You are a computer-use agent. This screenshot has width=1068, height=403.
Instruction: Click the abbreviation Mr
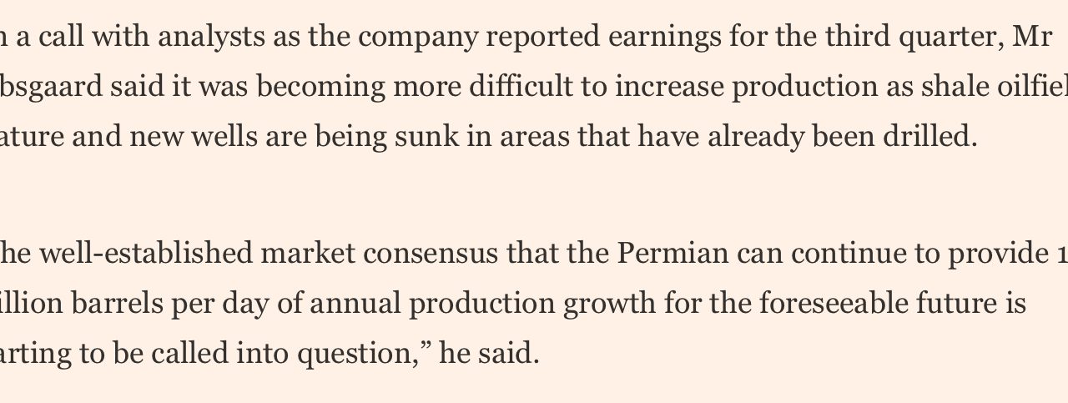[1033, 37]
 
